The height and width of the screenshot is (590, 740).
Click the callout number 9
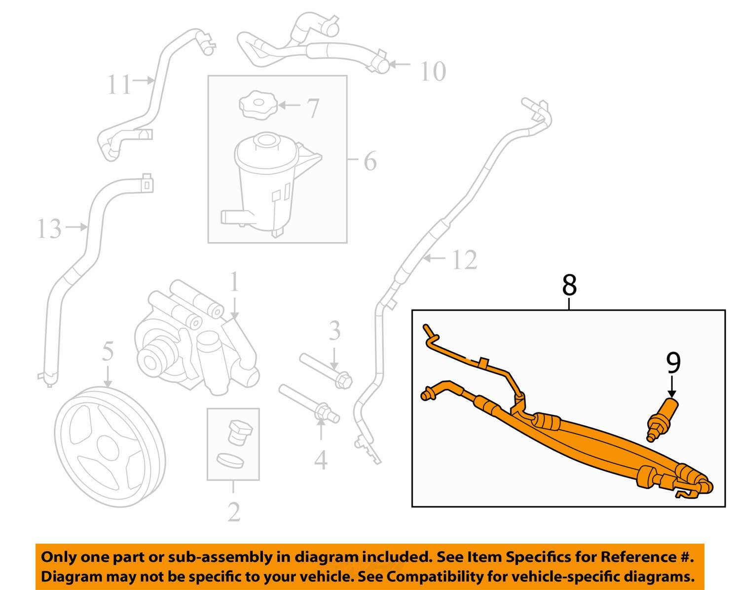point(673,363)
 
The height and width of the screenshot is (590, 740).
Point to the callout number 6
point(370,161)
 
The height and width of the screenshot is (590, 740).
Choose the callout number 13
point(49,228)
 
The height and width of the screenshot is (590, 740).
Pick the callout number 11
point(119,84)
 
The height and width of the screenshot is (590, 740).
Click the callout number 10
point(433,72)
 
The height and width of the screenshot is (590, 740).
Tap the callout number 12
point(464,259)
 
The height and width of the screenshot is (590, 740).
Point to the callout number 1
point(234,282)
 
